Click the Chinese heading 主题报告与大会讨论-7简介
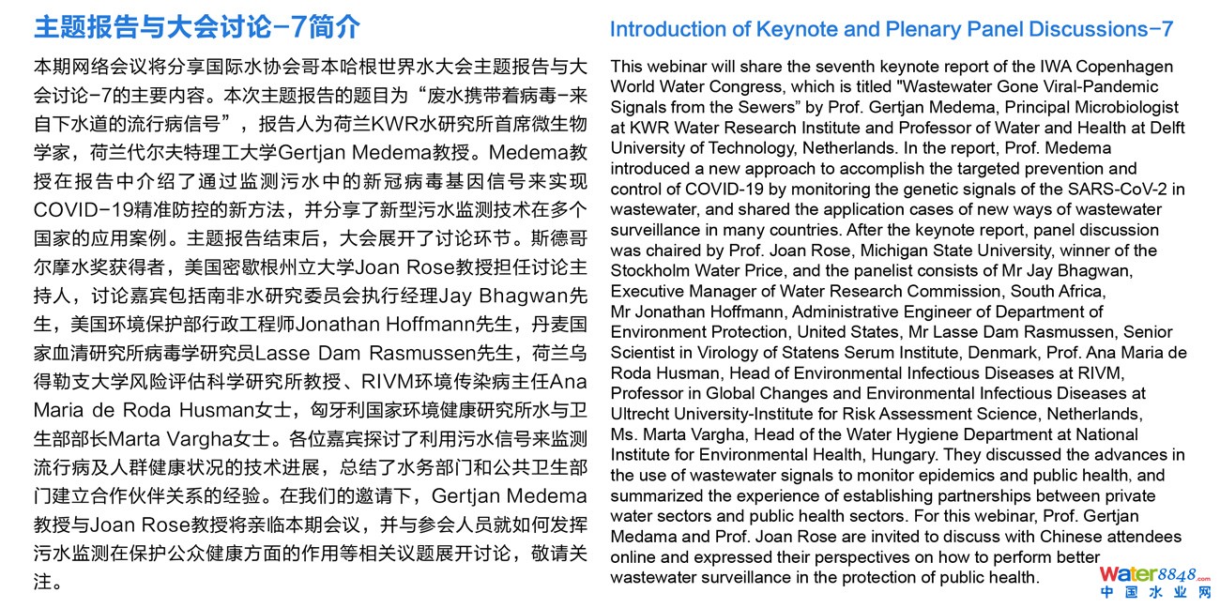197,27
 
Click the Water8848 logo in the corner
1154,582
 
